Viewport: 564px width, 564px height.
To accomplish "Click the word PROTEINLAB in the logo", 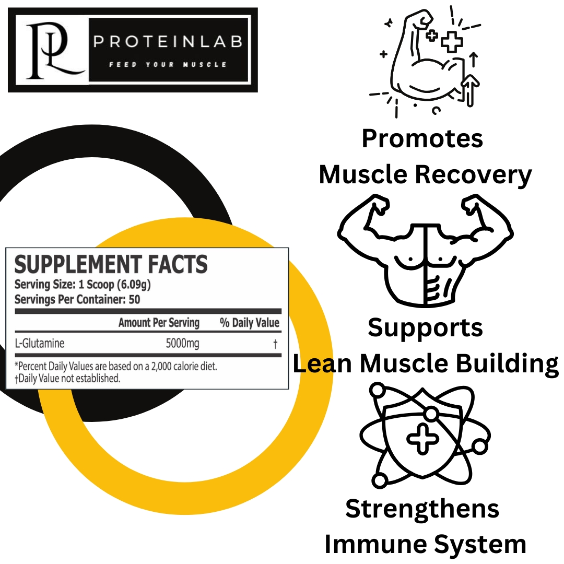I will point(168,42).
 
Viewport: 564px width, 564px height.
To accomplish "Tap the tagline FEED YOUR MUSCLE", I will point(168,65).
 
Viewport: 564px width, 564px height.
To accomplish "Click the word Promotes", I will point(422,139).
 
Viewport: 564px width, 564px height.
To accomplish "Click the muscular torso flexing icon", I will point(426,249).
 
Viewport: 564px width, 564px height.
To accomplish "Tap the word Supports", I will point(425,328).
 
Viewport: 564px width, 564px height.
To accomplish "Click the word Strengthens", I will point(422,509).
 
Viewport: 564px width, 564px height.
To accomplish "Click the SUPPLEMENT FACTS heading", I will point(111,265).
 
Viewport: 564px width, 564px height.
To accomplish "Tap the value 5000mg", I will point(182,344).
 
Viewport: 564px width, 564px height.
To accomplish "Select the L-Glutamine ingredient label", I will point(40,344).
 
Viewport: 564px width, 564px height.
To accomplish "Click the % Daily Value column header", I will point(249,323).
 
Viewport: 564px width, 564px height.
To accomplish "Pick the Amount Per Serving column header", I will point(159,323).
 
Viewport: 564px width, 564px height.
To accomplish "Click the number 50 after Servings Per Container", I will point(134,300).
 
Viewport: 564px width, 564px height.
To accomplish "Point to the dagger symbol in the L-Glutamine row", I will point(275,344).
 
